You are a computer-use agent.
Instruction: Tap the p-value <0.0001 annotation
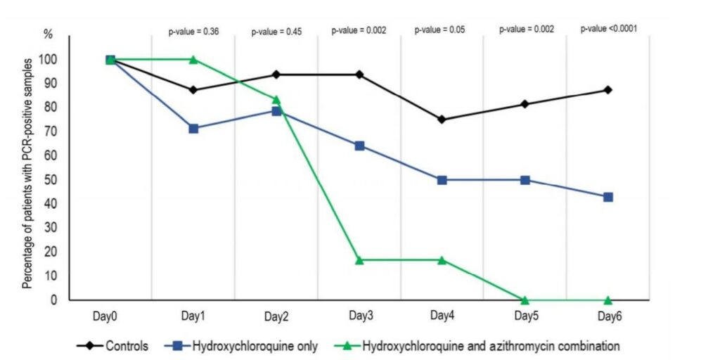609,30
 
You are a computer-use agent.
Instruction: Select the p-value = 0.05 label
439,30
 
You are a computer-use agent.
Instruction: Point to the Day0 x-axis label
110,316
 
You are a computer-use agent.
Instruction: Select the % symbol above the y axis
49,34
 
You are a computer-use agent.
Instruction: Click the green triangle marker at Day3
360,260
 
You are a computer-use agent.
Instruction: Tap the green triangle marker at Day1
193,60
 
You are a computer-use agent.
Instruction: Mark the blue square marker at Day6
607,197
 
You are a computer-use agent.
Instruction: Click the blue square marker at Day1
193,129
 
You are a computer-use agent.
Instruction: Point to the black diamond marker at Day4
442,120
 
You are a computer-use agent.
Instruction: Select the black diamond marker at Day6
607,90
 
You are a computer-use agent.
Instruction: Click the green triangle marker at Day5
525,300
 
